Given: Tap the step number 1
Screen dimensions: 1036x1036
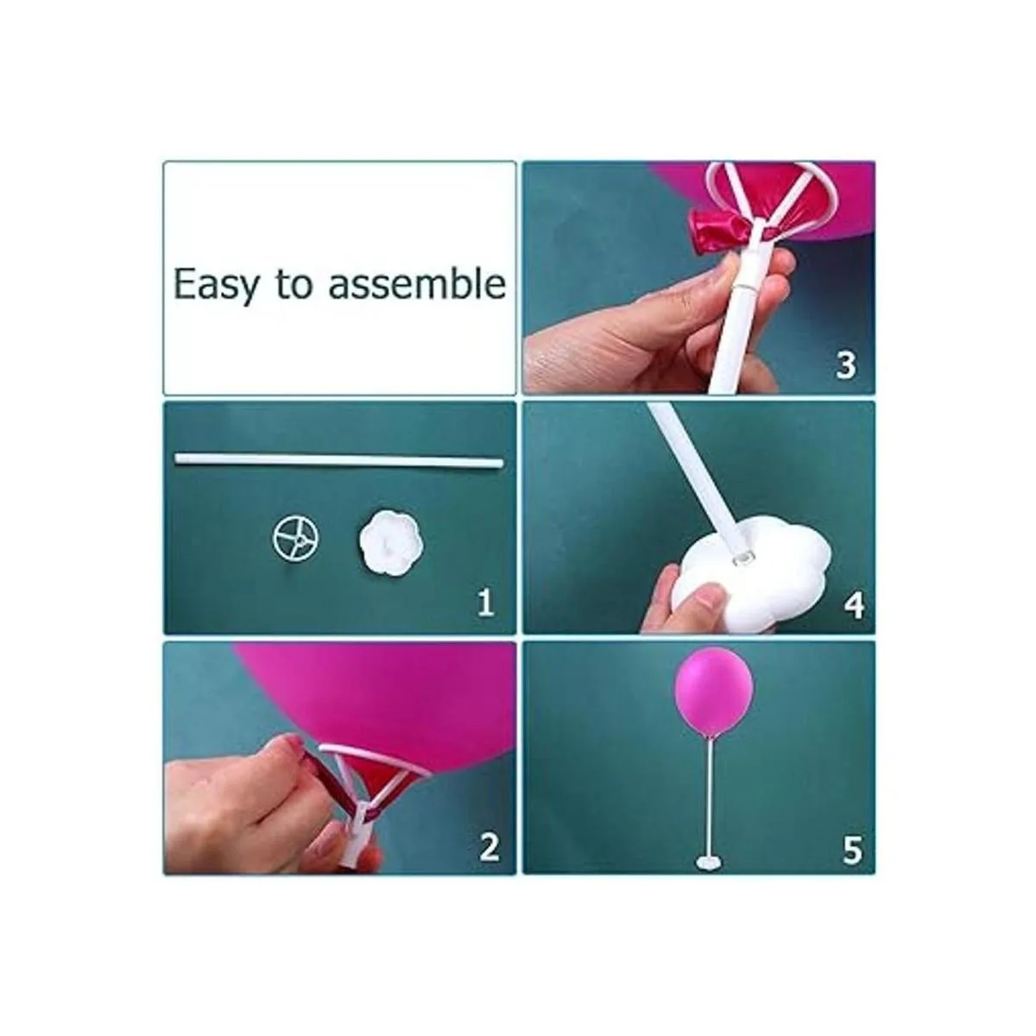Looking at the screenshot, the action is [485, 603].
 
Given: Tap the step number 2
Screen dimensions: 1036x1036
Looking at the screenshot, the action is [488, 847].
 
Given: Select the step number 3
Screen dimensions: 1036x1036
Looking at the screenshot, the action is [845, 365].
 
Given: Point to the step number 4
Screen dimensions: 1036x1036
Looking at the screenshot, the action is [855, 605].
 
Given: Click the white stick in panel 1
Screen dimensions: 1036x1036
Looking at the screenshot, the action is [339, 458].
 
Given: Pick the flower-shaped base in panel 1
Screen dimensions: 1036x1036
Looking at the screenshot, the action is [391, 540].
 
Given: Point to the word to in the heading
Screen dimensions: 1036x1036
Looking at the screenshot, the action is [294, 284].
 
